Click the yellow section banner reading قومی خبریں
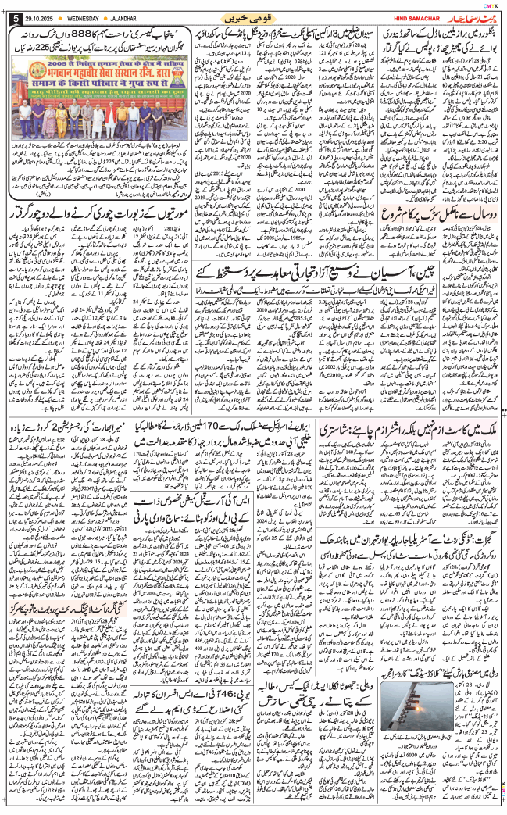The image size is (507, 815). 254,16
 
